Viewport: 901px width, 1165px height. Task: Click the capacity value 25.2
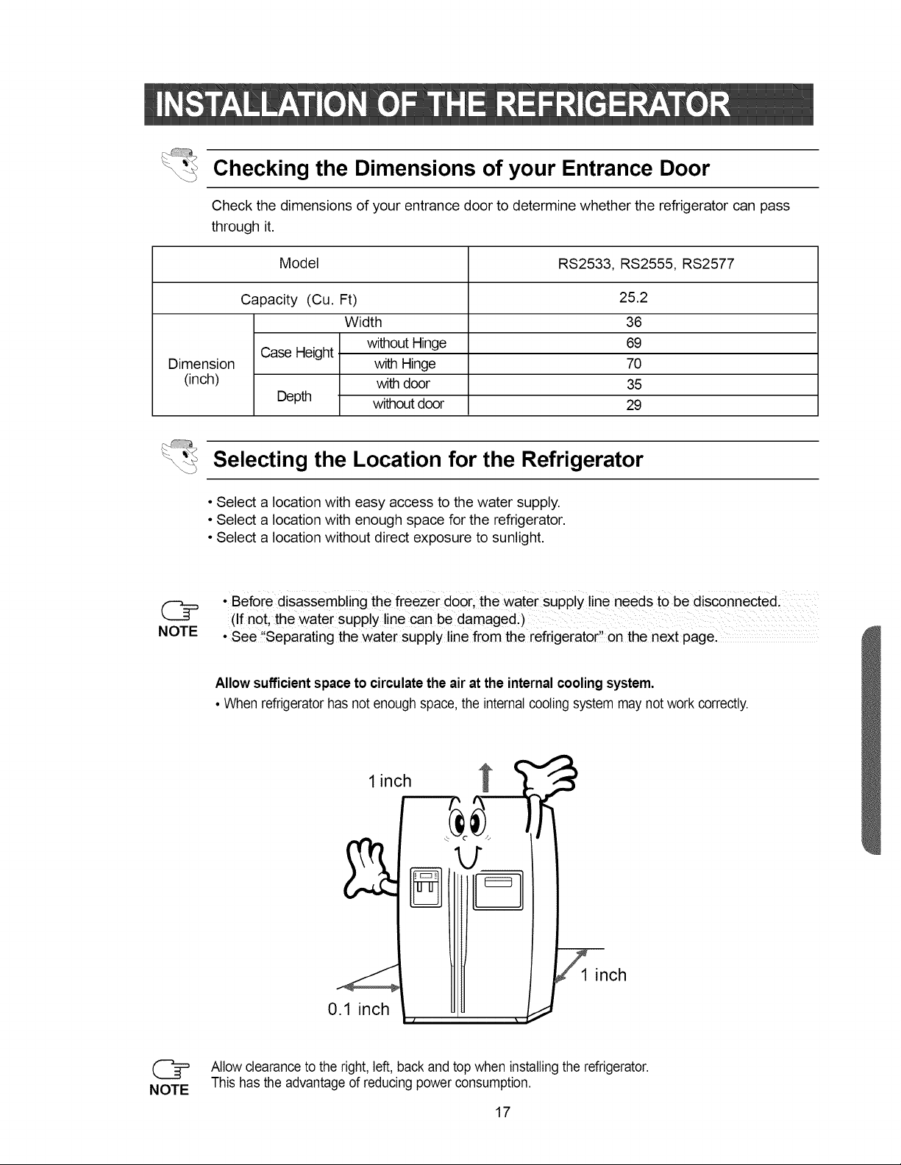[633, 297]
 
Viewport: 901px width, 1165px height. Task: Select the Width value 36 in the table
[633, 322]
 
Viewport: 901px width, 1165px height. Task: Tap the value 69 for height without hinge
[633, 343]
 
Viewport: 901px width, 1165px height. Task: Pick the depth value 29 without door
[633, 405]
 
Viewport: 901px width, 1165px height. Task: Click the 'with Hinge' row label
[405, 364]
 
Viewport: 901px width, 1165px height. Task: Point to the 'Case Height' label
[296, 353]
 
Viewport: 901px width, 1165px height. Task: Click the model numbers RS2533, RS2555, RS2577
[646, 264]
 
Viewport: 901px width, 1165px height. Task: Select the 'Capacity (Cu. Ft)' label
[299, 299]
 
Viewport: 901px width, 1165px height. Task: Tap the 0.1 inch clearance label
[358, 1009]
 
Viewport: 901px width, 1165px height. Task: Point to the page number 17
[502, 1113]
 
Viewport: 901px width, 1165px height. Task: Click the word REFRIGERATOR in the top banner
[613, 104]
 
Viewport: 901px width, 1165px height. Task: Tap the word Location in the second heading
[392, 459]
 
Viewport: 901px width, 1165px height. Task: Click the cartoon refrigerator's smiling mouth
[469, 857]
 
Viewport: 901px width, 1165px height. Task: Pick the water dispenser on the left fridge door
[426, 887]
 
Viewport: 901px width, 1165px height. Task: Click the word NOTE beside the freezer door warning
[178, 631]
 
